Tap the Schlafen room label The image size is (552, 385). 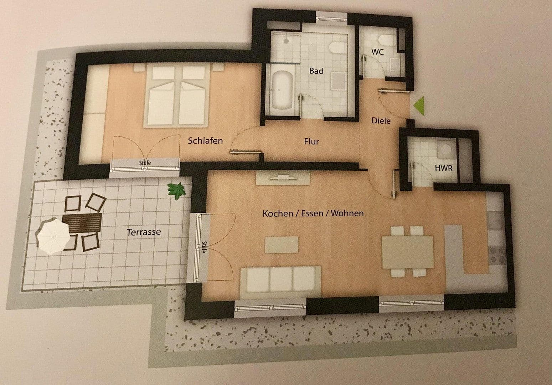[205, 140]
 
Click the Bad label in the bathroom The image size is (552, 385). [316, 71]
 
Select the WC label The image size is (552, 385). [377, 52]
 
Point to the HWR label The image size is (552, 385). [444, 168]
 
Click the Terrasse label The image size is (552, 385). [144, 232]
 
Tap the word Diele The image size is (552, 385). [381, 120]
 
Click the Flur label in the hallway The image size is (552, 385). [311, 142]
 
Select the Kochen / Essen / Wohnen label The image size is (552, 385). [313, 214]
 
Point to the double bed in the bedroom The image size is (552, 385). [176, 95]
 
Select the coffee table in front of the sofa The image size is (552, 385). [282, 244]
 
